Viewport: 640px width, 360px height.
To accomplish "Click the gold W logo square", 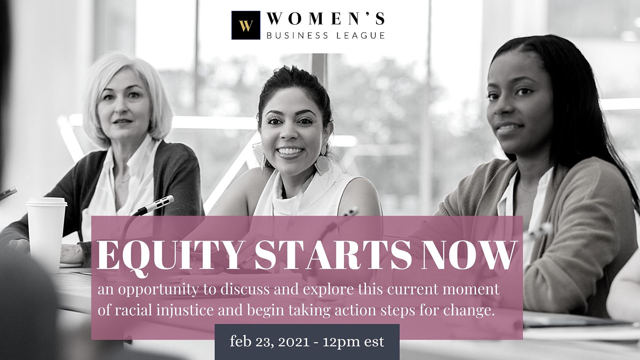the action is click(x=246, y=25).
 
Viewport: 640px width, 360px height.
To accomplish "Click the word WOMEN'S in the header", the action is click(x=326, y=19).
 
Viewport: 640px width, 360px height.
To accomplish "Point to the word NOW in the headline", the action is click(x=468, y=255).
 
